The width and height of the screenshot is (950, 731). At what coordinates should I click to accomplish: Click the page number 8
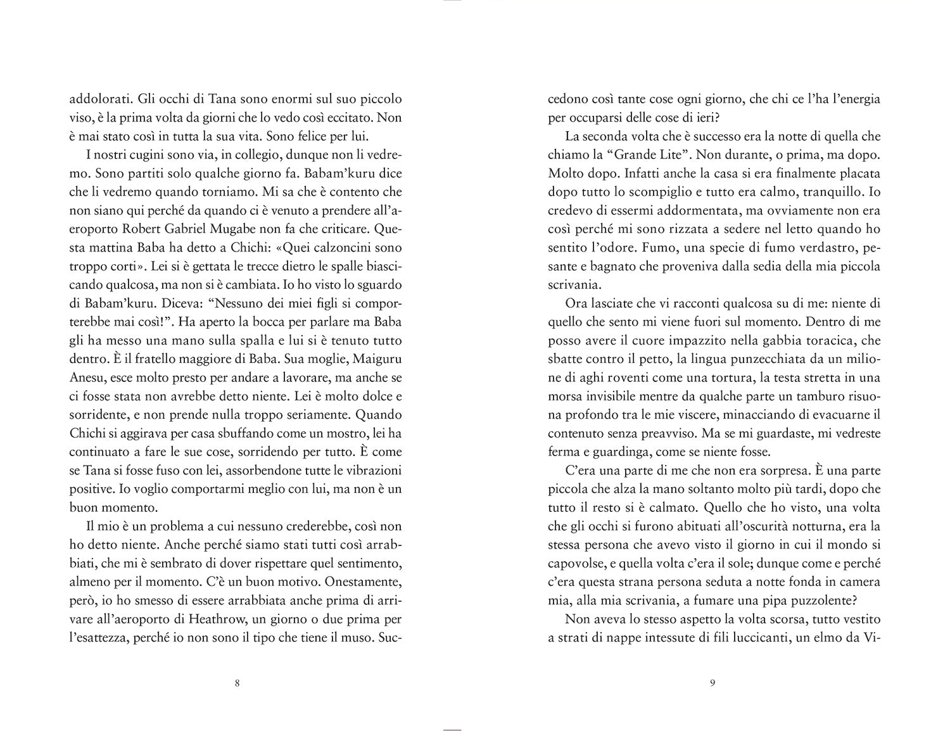click(x=236, y=683)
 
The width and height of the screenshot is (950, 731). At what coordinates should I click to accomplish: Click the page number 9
click(x=713, y=683)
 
